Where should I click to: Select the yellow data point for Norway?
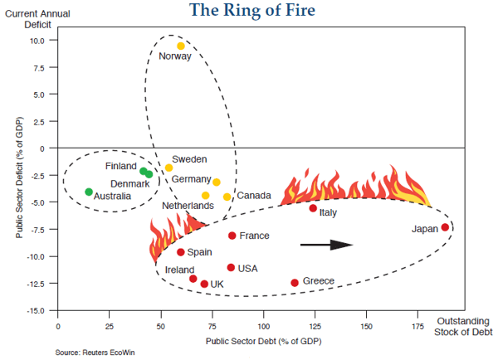point(181,46)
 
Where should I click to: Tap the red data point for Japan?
point(445,227)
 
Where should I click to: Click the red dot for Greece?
point(295,283)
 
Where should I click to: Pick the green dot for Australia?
point(89,192)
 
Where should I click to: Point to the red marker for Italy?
point(313,208)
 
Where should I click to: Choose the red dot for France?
point(232,236)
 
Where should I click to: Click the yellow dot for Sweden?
point(168,168)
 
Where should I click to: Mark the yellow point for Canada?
point(227,197)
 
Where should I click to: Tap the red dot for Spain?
point(180,252)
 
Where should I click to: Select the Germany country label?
point(191,179)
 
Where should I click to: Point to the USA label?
point(248,269)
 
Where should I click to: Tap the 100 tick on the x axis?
point(264,326)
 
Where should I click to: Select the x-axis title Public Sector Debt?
point(263,341)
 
